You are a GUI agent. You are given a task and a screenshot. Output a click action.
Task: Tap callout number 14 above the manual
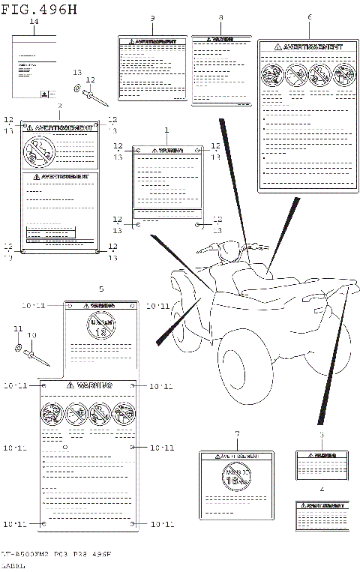click(x=33, y=23)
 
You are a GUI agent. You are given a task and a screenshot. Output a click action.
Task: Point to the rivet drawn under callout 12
click(x=97, y=95)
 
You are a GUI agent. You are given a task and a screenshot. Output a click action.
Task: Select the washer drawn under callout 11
click(x=17, y=349)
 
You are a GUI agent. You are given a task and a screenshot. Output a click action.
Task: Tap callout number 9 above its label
click(x=152, y=17)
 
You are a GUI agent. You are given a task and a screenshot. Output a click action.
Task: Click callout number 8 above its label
click(x=220, y=17)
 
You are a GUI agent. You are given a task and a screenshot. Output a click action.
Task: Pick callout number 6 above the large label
click(x=309, y=17)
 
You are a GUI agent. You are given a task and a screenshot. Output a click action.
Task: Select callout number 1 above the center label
click(x=166, y=130)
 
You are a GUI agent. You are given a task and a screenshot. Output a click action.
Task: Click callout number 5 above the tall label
click(x=101, y=289)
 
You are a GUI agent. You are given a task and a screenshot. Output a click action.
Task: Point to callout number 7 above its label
click(x=237, y=434)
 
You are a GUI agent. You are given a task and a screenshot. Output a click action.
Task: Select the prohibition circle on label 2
click(x=37, y=152)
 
